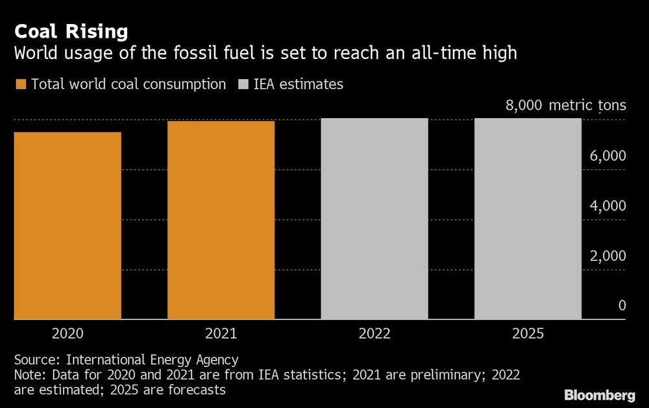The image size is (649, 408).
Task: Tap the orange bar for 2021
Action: click(221, 221)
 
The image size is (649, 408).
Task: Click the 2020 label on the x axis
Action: click(67, 334)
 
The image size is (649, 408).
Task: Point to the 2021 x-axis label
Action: click(221, 334)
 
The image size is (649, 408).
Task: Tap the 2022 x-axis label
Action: click(374, 334)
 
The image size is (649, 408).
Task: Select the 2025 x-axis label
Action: click(528, 334)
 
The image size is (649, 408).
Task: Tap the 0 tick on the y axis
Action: click(622, 306)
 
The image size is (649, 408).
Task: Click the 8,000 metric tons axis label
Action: click(565, 105)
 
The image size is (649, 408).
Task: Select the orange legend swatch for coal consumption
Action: click(20, 84)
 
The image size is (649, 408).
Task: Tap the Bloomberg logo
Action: click(600, 395)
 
